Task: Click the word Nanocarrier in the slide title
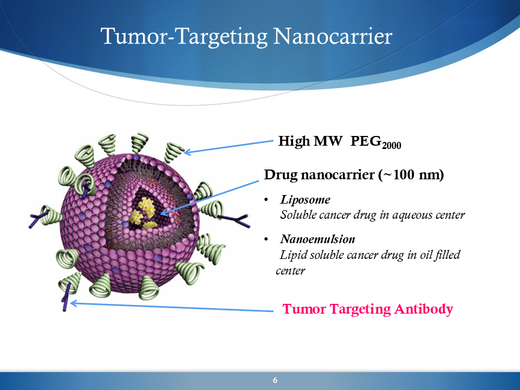tap(333, 36)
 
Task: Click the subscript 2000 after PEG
tap(391, 146)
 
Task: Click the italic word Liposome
tap(305, 200)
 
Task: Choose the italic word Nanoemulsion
tap(317, 239)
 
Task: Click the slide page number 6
tap(275, 380)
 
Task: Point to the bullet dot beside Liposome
tap(266, 200)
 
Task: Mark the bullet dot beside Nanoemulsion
tap(266, 239)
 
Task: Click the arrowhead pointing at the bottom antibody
tap(74, 303)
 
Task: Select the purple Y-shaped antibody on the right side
tap(234, 220)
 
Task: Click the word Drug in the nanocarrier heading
tap(280, 175)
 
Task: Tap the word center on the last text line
tap(290, 271)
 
